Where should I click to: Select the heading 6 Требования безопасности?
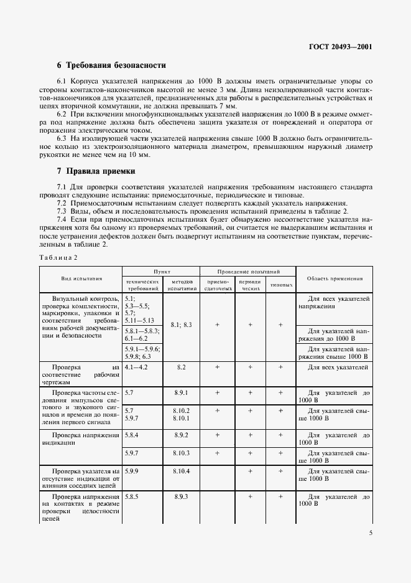point(111,65)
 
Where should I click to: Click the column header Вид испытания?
point(81,279)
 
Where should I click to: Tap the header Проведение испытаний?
point(248,272)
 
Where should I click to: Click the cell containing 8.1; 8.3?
point(181,325)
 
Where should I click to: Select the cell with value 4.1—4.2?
point(138,367)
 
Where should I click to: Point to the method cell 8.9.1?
point(181,393)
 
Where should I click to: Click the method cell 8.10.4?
point(181,472)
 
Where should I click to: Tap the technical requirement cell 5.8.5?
point(131,497)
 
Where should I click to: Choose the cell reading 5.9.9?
point(131,472)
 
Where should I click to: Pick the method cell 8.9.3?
point(181,497)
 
